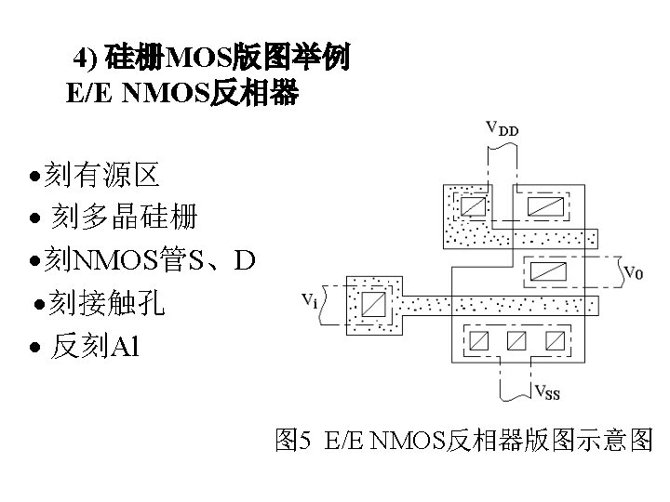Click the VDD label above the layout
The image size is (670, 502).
tap(503, 129)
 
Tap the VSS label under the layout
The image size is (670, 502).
tap(546, 392)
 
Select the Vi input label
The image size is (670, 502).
tap(311, 300)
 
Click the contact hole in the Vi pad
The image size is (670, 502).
tap(374, 304)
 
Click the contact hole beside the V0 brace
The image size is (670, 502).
tap(547, 272)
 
